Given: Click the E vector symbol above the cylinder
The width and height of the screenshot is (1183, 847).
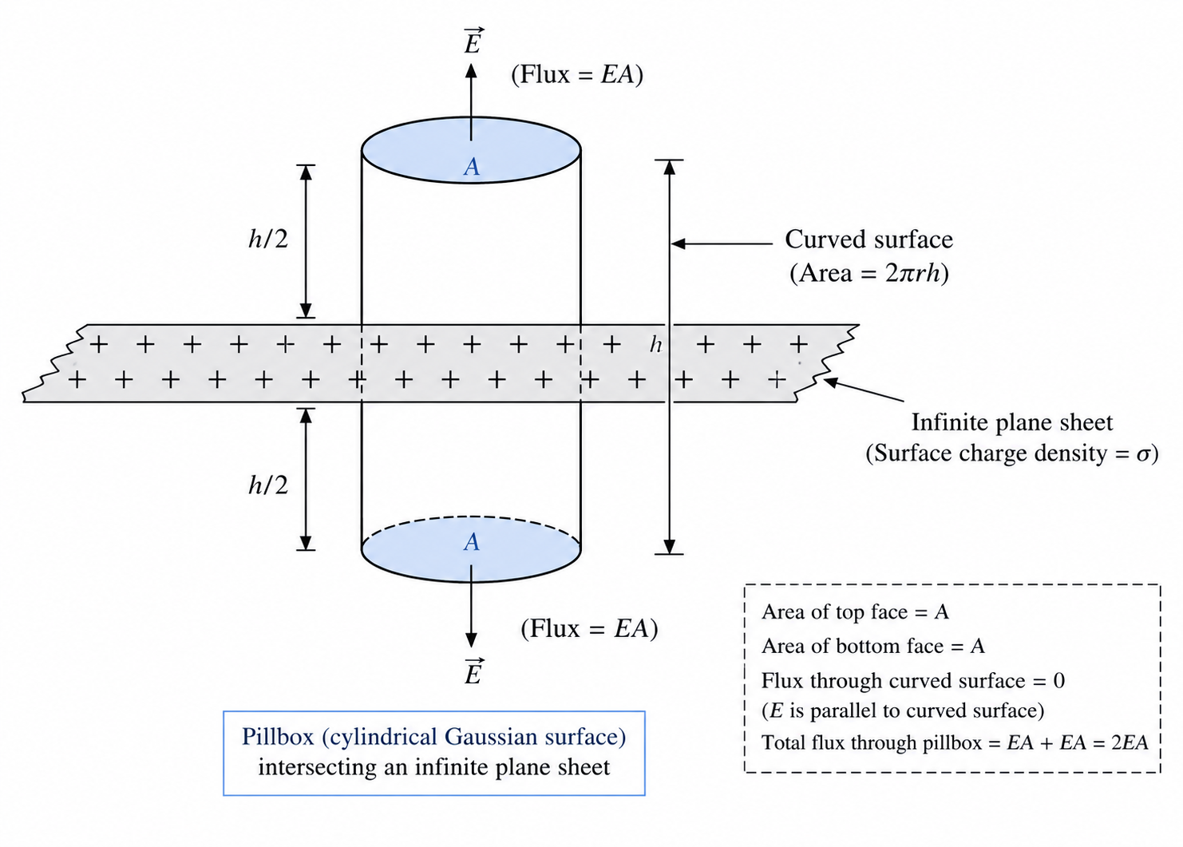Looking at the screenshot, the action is pyautogui.click(x=472, y=42).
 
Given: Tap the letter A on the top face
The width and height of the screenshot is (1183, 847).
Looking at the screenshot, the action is pyautogui.click(x=471, y=167).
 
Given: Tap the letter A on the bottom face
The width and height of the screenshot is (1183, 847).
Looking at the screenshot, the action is pyautogui.click(x=471, y=542).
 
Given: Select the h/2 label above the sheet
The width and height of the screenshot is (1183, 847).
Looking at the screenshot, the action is pyautogui.click(x=268, y=239).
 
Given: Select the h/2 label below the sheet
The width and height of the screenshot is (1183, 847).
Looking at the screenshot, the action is pyautogui.click(x=268, y=485).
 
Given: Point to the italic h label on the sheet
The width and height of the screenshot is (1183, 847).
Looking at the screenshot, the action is pyautogui.click(x=655, y=345).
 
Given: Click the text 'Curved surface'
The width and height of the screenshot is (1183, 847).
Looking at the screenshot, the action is pyautogui.click(x=868, y=239).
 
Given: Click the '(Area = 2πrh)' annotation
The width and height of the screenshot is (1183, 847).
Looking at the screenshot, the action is pyautogui.click(x=869, y=273).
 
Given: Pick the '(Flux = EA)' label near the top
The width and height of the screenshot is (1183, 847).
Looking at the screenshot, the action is pyautogui.click(x=577, y=74).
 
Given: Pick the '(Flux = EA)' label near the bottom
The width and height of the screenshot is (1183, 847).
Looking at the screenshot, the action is pyautogui.click(x=589, y=628).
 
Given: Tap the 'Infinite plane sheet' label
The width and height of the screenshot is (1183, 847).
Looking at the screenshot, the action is pyautogui.click(x=1012, y=422).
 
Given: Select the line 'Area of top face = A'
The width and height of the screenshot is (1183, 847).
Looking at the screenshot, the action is pyautogui.click(x=855, y=612).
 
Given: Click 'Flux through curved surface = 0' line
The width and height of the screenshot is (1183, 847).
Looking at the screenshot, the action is pyautogui.click(x=913, y=681).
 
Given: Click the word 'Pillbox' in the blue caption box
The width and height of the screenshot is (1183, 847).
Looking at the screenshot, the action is pyautogui.click(x=278, y=737).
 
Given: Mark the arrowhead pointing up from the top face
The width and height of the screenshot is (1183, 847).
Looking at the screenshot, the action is pyautogui.click(x=471, y=71).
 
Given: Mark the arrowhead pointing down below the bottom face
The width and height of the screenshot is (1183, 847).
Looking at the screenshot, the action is pyautogui.click(x=471, y=640).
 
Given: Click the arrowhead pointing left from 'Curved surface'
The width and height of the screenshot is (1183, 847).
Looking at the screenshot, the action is pyautogui.click(x=679, y=243).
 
